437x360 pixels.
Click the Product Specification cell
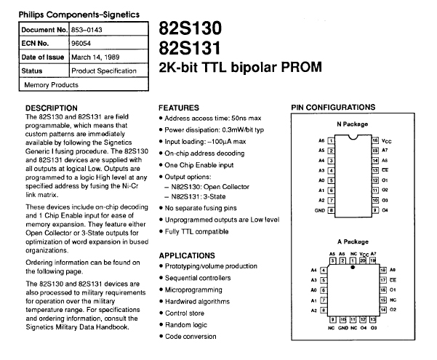coord(103,71)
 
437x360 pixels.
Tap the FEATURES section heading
coord(179,107)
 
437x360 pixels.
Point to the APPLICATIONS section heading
coord(188,256)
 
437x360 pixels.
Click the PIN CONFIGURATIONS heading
coord(334,108)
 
